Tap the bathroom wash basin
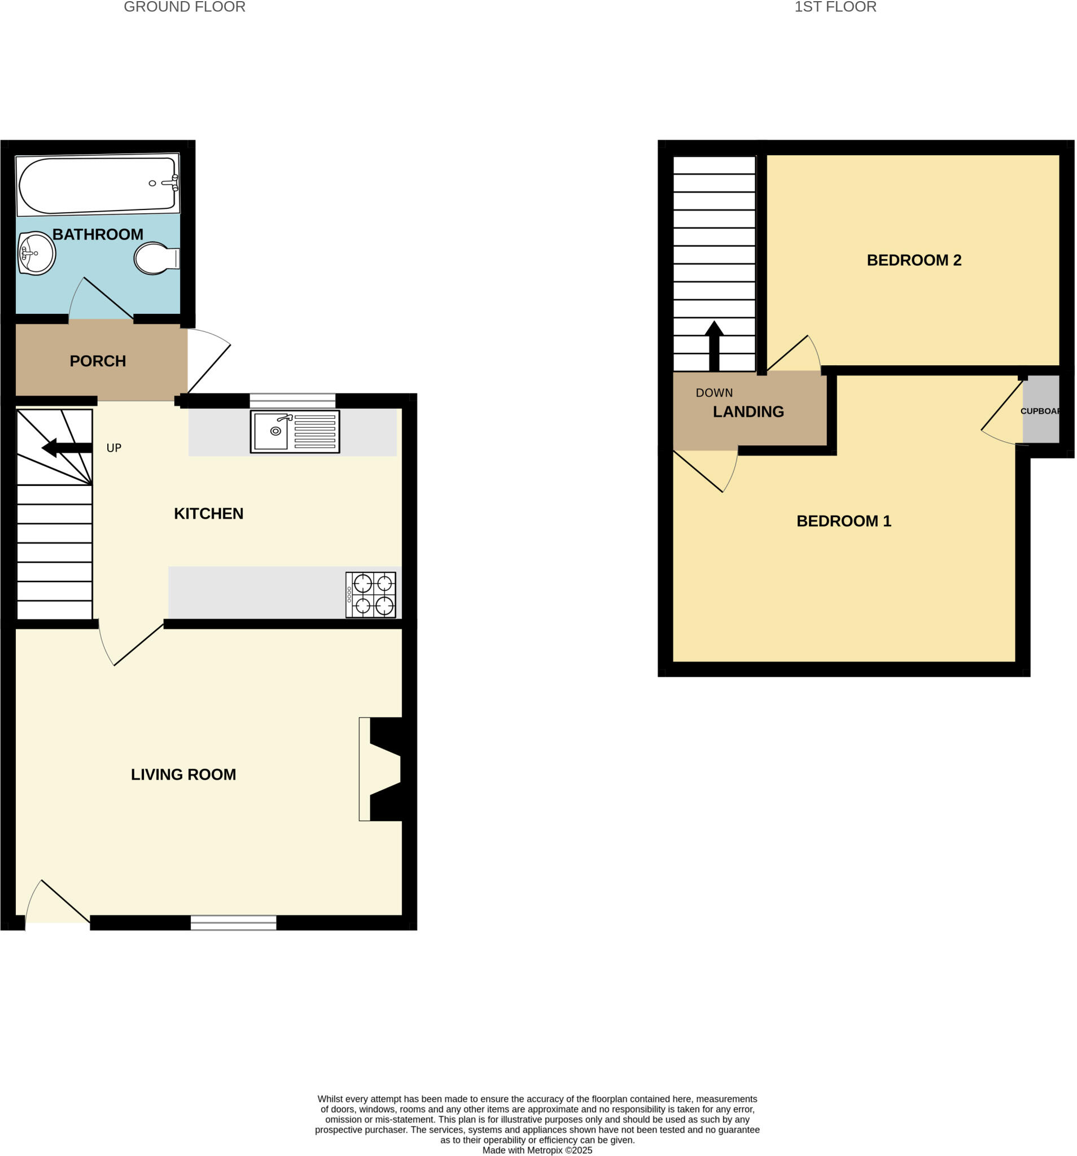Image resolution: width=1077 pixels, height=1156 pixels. click(x=36, y=253)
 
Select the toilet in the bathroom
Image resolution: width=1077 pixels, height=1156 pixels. click(x=155, y=258)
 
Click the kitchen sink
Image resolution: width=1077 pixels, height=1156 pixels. click(x=294, y=431)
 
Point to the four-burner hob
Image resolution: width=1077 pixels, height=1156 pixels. click(x=370, y=594)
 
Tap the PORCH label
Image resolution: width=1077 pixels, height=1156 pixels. click(x=98, y=361)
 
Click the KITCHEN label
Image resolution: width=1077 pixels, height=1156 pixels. click(x=208, y=514)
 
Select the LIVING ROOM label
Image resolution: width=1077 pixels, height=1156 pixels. click(x=183, y=774)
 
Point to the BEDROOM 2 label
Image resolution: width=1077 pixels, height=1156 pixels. click(x=914, y=260)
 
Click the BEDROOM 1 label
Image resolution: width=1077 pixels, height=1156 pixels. click(x=843, y=521)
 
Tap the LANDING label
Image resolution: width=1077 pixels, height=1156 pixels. click(x=748, y=411)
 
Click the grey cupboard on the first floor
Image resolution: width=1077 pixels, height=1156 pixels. click(x=1040, y=409)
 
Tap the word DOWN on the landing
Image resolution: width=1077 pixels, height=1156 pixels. click(x=714, y=393)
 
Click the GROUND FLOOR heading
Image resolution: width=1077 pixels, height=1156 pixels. click(x=185, y=7)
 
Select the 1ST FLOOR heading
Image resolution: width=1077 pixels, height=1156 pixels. click(x=835, y=7)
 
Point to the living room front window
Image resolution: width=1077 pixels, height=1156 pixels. click(x=233, y=922)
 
